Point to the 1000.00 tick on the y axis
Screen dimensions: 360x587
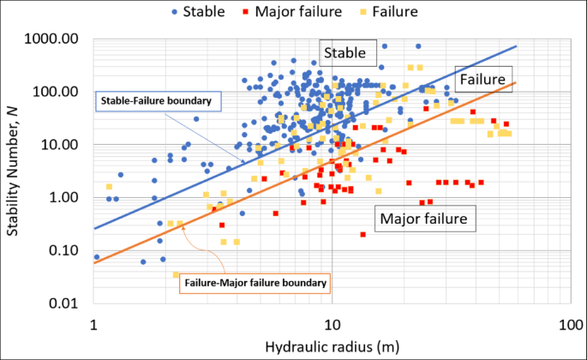pos(55,39)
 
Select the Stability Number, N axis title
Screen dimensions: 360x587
pos(15,171)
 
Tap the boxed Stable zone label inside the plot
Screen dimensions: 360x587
pos(348,53)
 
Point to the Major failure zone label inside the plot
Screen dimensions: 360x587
pos(422,219)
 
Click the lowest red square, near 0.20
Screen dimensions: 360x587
pos(363,234)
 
